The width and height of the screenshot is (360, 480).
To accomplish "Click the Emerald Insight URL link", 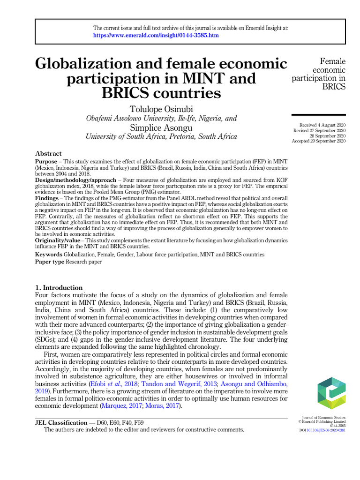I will (x=156, y=35).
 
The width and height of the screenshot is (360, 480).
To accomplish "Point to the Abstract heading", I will (x=48, y=154).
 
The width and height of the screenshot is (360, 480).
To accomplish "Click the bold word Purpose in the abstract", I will (x=46, y=161).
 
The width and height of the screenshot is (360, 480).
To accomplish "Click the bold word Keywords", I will (x=49, y=255).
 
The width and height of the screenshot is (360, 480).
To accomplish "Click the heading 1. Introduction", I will (x=59, y=287).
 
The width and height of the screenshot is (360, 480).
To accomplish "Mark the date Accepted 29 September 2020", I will (x=319, y=141).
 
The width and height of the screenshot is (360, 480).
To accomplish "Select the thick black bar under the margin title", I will (x=319, y=115).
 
